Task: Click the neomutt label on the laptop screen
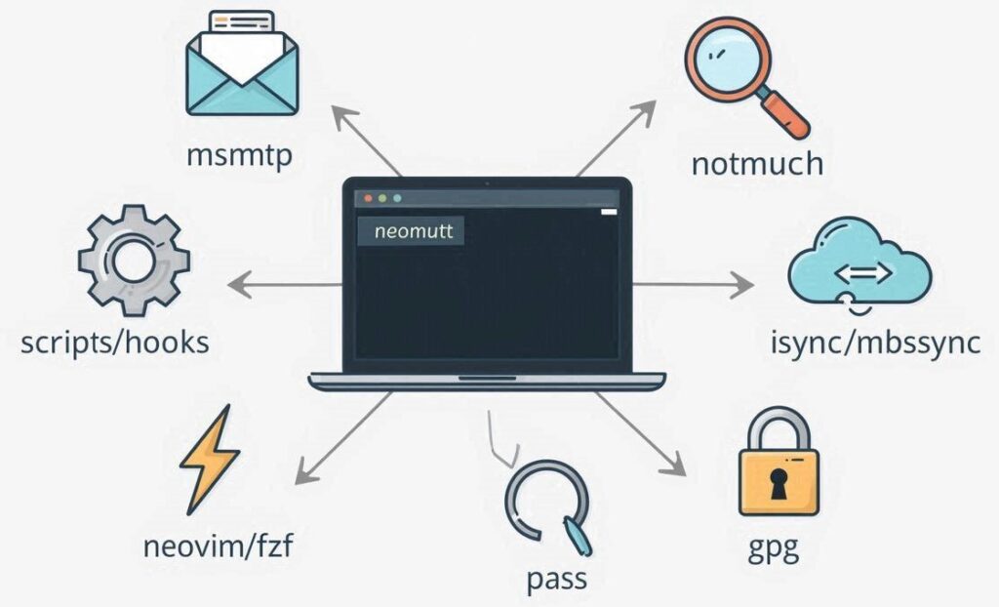(x=411, y=231)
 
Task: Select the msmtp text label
(x=239, y=155)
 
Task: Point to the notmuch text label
(x=757, y=163)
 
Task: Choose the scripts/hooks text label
(x=115, y=343)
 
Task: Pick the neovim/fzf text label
(x=218, y=546)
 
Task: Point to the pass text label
(x=557, y=579)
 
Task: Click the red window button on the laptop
(x=370, y=197)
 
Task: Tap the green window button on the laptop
(x=397, y=197)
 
